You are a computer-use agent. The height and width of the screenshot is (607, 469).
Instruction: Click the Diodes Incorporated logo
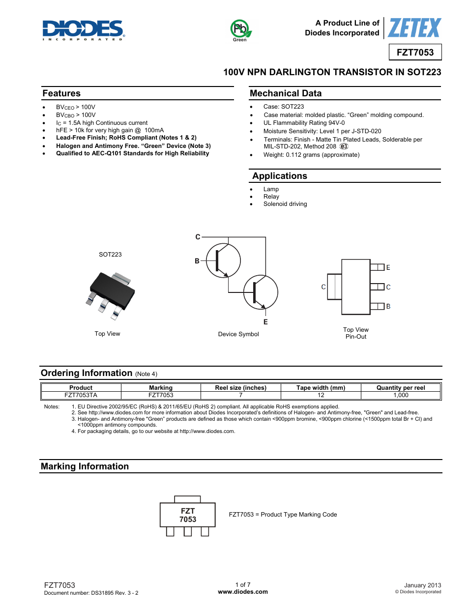[x=83, y=29]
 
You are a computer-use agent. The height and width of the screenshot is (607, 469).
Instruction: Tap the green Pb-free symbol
[x=240, y=29]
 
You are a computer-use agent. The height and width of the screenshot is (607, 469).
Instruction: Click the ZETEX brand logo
[x=414, y=28]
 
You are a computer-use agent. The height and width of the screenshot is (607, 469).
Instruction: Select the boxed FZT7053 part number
[x=415, y=52]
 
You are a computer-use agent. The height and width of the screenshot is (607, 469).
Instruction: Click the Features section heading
[x=61, y=93]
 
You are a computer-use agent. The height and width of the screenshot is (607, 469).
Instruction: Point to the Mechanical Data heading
[x=285, y=93]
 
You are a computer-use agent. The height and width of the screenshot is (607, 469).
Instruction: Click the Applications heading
[x=279, y=176]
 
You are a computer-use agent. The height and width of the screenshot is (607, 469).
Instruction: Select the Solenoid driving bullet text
[x=285, y=204]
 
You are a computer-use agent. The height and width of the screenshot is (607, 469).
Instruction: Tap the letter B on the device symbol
[x=197, y=261]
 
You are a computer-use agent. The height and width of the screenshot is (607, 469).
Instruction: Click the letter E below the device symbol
[x=265, y=322]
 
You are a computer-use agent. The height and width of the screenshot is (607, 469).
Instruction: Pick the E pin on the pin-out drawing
[x=379, y=267]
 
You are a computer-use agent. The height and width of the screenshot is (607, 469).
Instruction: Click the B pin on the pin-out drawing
[x=379, y=306]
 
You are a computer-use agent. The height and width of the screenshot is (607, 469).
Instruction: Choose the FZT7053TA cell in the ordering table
[x=81, y=395]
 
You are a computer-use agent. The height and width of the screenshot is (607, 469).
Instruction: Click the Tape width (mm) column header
[x=321, y=388]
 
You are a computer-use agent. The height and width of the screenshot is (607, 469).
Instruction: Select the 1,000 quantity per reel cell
[x=401, y=395]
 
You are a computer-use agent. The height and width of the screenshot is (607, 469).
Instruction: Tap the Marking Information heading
[x=85, y=466]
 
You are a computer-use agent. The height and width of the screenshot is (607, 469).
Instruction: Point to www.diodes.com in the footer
[x=243, y=592]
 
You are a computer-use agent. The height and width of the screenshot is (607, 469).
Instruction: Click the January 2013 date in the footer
[x=422, y=585]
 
